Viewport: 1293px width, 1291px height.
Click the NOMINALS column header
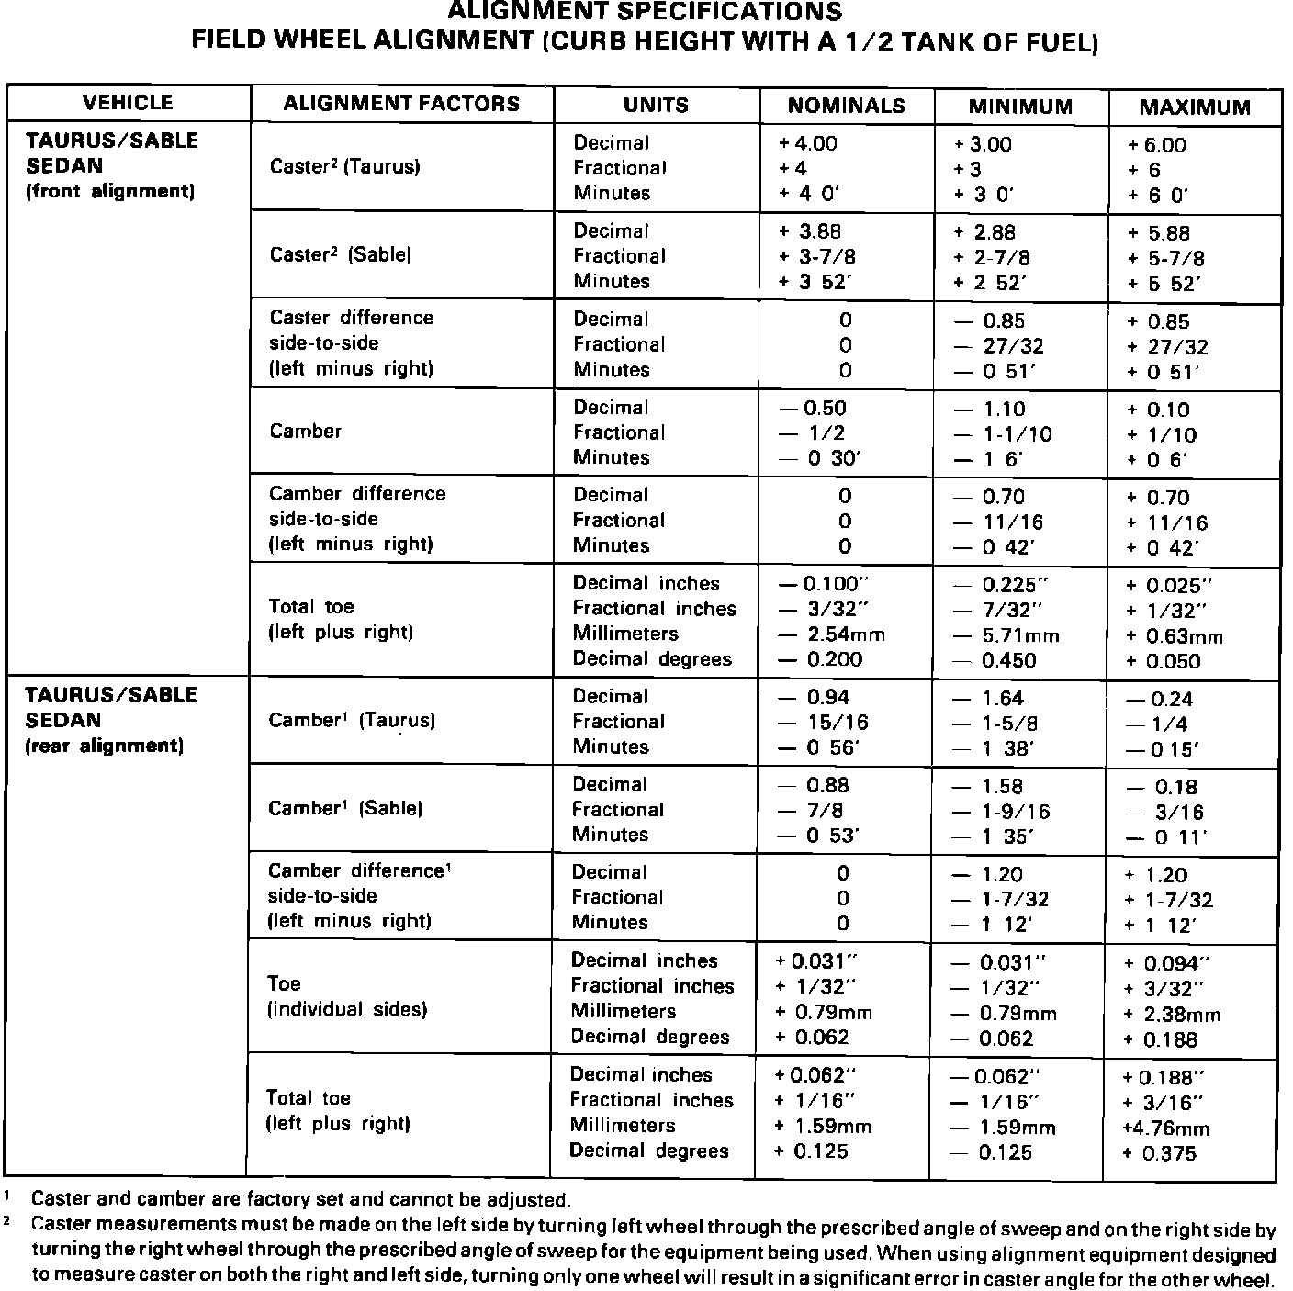click(x=846, y=107)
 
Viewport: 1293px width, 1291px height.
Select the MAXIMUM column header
click(x=1195, y=107)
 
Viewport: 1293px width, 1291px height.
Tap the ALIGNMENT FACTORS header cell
click(x=401, y=104)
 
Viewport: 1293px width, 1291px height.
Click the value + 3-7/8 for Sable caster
click(x=817, y=257)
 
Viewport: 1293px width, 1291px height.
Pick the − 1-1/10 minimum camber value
click(x=1002, y=434)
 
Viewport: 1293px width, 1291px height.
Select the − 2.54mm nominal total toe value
click(x=832, y=634)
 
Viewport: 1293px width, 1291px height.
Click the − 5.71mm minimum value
click(x=1006, y=635)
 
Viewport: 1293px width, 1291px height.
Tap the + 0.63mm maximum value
click(x=1175, y=636)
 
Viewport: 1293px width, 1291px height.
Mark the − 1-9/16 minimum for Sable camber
click(x=1001, y=812)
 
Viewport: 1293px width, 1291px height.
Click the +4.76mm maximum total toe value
click(x=1166, y=1128)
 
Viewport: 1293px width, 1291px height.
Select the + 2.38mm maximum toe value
click(x=1173, y=1015)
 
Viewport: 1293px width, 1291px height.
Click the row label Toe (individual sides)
click(x=347, y=996)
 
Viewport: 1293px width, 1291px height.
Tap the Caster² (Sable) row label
click(x=341, y=255)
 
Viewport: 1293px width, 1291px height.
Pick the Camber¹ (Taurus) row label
click(x=352, y=721)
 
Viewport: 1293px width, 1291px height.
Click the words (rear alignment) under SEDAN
click(x=104, y=746)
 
